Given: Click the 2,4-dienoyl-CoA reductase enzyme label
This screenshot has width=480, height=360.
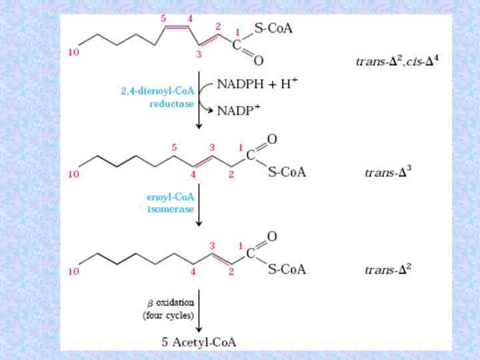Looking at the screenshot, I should tap(158, 97).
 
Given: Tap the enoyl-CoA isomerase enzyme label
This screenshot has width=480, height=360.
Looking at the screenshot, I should tap(171, 203).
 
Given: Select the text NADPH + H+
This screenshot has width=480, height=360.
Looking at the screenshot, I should tap(257, 83).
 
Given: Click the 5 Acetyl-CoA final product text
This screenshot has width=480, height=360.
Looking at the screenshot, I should tap(199, 342).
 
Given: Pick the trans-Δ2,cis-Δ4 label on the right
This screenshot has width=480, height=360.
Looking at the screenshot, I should tap(397, 61).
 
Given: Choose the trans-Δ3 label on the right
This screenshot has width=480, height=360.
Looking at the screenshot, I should tap(387, 172).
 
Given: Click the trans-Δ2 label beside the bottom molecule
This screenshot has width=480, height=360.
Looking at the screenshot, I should tap(387, 270).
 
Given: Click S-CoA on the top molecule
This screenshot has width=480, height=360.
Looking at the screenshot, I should tap(273, 29).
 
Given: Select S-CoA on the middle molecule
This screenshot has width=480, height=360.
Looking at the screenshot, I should tap(287, 172).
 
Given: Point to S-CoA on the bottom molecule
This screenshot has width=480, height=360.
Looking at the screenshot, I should tap(287, 269).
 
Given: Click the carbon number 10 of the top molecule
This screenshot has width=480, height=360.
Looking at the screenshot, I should tap(73, 53).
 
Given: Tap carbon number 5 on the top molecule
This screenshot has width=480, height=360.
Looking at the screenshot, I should tap(163, 19).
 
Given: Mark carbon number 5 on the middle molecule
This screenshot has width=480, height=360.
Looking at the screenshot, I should tap(174, 147).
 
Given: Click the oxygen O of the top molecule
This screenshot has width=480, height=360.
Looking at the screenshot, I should tap(259, 61).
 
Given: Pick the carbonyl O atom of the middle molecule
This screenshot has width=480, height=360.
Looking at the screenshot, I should tap(272, 139).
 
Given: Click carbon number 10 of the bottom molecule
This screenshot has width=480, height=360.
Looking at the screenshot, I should tap(73, 271).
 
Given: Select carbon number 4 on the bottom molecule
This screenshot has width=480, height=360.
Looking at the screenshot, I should tap(193, 271).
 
